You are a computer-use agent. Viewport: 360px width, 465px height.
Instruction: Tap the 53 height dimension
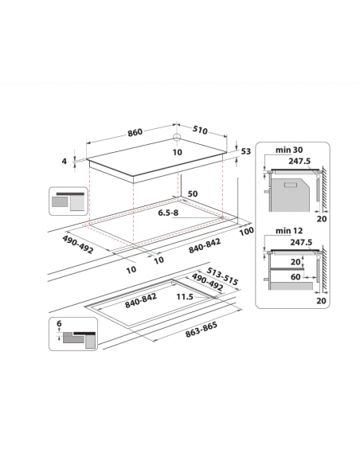245,150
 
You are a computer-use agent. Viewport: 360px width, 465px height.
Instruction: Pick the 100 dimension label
245,231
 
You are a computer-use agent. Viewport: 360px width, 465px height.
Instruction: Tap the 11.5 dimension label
186,297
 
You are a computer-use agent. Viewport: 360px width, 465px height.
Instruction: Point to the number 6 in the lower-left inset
60,322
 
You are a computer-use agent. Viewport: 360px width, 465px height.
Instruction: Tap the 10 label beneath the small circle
177,151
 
